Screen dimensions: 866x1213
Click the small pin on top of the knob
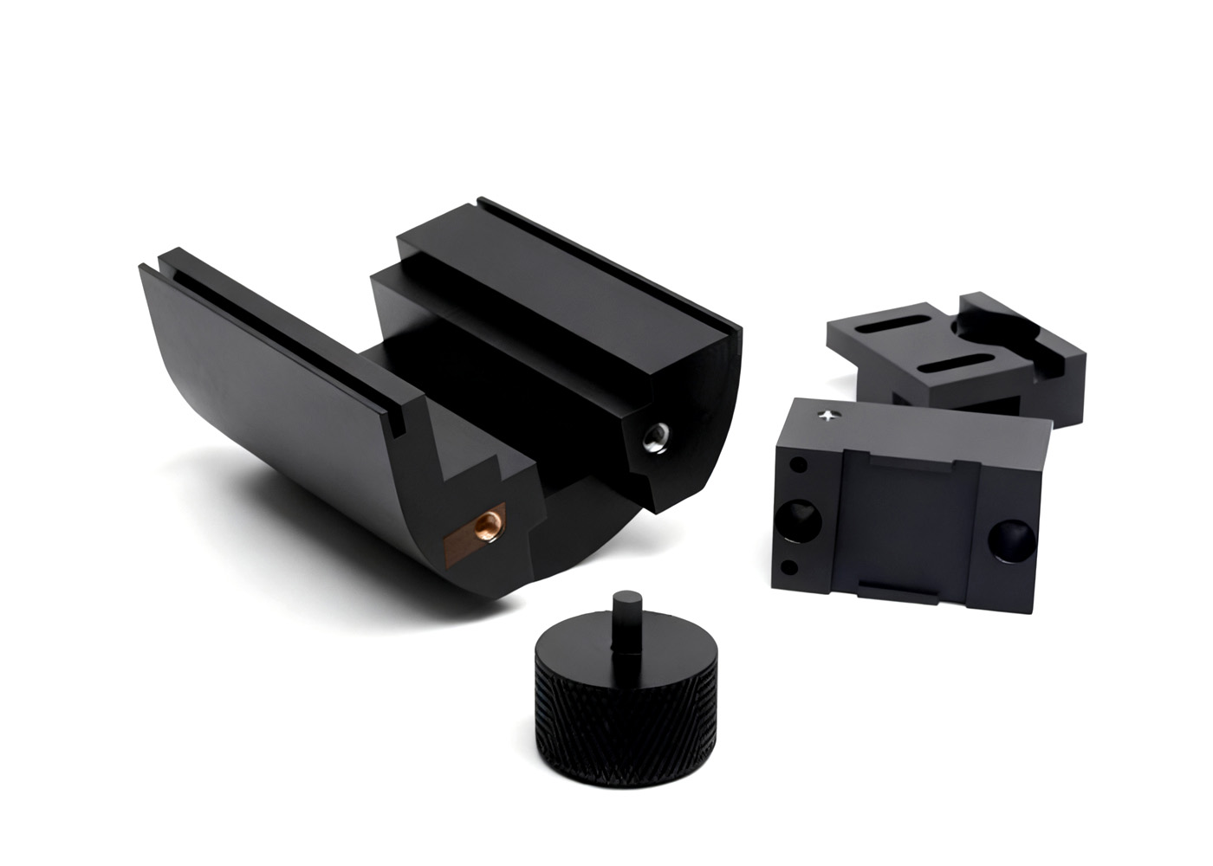(x=623, y=618)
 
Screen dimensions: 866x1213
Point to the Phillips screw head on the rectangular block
(x=830, y=416)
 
